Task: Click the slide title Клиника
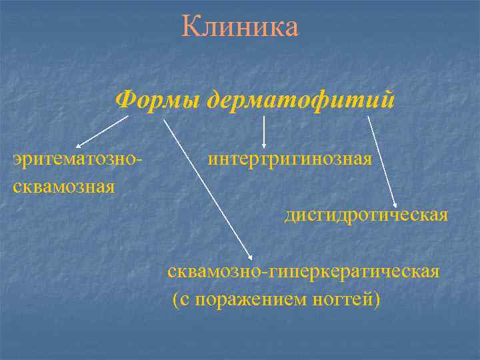tap(240, 27)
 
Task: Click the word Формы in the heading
tap(159, 100)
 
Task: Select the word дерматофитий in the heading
tap(301, 100)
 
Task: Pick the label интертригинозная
tap(290, 160)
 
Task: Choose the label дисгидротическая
tap(366, 216)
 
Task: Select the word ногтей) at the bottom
tap(347, 299)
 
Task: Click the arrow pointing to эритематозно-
tap(102, 131)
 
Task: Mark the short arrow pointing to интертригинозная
tap(265, 131)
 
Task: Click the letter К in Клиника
tap(190, 27)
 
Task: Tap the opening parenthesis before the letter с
tap(175, 300)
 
